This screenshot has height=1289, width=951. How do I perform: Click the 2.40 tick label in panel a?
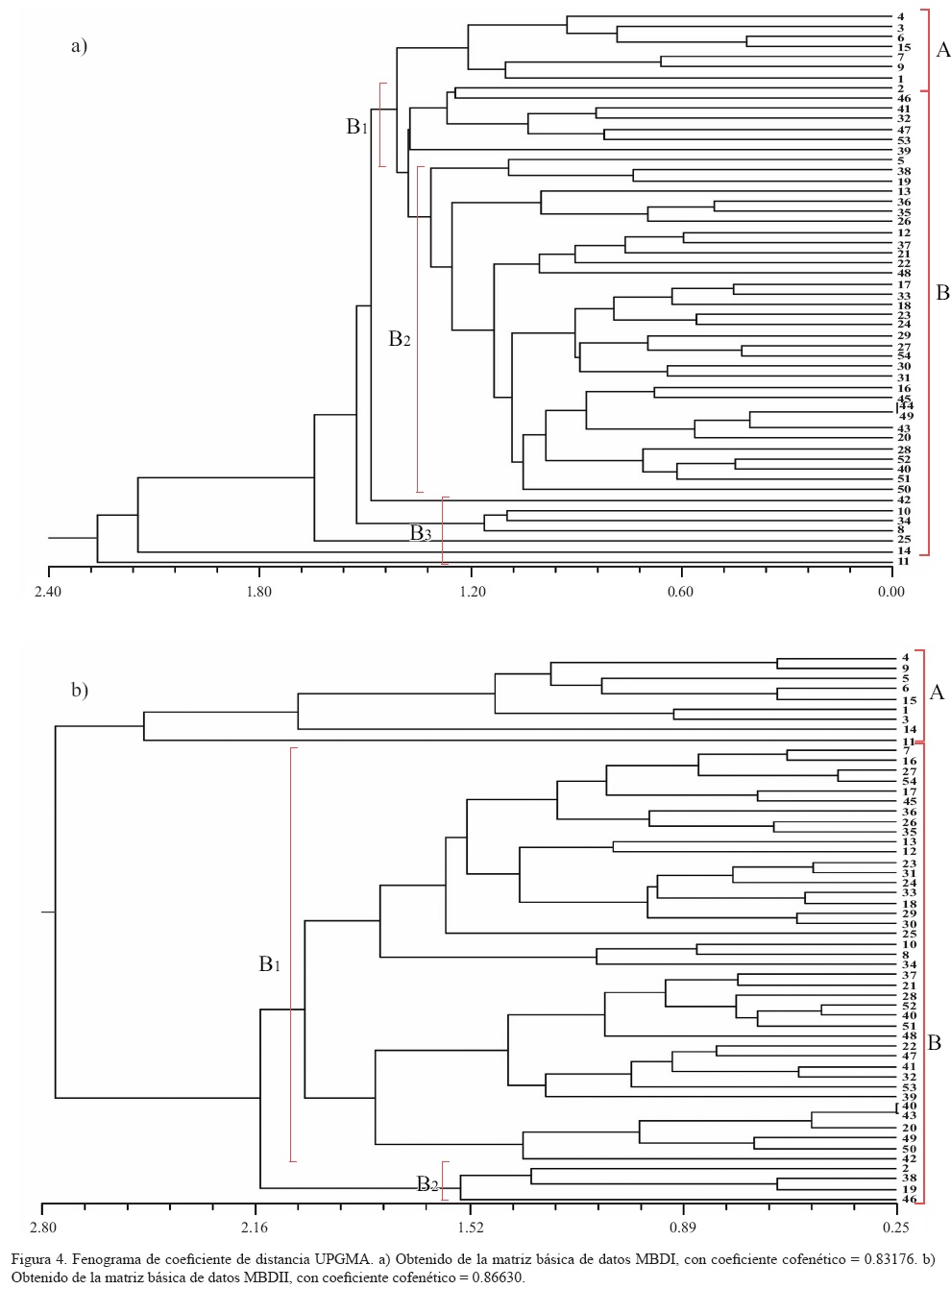(x=47, y=591)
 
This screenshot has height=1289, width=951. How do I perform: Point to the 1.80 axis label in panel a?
(x=259, y=591)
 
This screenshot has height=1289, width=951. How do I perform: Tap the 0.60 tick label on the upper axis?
(x=680, y=591)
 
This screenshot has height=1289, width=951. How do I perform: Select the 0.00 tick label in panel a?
(x=890, y=591)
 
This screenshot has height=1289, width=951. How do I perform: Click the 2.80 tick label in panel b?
(x=42, y=1228)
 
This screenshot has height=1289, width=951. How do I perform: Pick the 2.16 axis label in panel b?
(x=256, y=1228)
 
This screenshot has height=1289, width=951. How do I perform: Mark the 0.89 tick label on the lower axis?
(x=683, y=1228)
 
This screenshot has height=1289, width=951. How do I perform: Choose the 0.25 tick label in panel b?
(x=895, y=1228)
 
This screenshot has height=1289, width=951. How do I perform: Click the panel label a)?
(x=79, y=45)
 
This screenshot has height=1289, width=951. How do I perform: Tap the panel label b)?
(x=79, y=690)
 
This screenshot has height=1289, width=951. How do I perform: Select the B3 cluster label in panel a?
(x=421, y=533)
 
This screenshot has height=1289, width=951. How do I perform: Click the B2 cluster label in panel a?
(x=399, y=338)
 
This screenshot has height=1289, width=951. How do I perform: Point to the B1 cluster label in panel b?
(x=270, y=963)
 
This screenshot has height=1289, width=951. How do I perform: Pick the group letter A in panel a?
(x=942, y=50)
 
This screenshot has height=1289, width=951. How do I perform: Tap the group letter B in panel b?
(x=934, y=1042)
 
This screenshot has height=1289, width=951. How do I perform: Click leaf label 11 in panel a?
(x=903, y=562)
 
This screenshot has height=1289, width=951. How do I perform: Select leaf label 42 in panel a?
(x=903, y=500)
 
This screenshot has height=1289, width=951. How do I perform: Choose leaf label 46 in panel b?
(x=909, y=1199)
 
